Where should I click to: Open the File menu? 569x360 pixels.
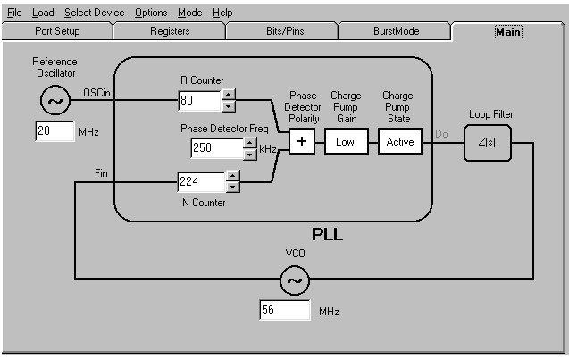[x=14, y=13]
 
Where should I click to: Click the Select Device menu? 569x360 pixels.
[x=95, y=13]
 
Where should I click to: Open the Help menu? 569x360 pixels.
[x=222, y=13]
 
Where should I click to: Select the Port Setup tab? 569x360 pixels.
[x=57, y=31]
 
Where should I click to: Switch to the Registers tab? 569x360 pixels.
[x=170, y=31]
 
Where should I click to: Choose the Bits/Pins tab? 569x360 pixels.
[x=283, y=31]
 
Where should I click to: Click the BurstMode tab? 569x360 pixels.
[x=396, y=31]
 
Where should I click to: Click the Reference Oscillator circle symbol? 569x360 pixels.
[x=54, y=101]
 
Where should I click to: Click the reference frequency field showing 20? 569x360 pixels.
[x=55, y=132]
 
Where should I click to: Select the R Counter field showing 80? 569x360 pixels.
[x=198, y=100]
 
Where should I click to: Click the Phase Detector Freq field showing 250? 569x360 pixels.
[x=210, y=148]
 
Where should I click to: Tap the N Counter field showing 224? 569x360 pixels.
[x=200, y=183]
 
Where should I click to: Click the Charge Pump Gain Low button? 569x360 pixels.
[x=346, y=141]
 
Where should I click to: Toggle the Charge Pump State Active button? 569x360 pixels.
[x=400, y=141]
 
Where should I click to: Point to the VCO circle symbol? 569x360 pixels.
[x=295, y=282]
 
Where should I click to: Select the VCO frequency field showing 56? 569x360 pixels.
[x=284, y=311]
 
